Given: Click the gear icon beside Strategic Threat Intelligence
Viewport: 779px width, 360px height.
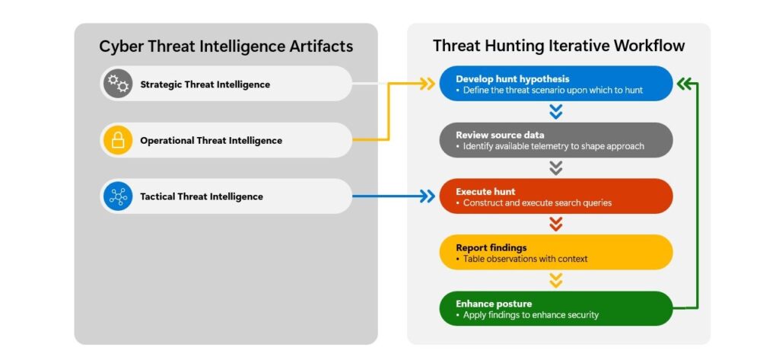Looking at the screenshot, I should (117, 84).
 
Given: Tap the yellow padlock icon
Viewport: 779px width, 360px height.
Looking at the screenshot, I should (117, 140).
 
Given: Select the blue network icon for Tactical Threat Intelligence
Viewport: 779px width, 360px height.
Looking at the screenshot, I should (117, 196).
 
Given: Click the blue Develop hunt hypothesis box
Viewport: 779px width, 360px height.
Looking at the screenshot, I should (556, 84).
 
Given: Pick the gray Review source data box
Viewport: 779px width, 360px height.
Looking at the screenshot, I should (556, 140).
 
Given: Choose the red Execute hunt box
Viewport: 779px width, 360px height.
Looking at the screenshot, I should (556, 196).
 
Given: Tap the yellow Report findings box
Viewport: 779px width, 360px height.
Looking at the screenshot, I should (556, 253).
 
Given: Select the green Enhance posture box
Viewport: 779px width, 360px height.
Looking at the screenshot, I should (556, 308).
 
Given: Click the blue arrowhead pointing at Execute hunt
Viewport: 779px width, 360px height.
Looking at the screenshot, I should (428, 196).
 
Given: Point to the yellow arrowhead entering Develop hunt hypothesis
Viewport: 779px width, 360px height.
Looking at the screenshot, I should (428, 84).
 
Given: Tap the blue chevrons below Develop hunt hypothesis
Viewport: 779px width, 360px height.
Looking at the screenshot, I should (556, 112).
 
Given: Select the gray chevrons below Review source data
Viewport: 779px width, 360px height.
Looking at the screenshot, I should (556, 168).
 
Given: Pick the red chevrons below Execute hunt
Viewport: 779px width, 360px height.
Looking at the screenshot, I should (556, 225).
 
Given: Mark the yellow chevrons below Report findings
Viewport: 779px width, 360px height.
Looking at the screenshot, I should (556, 281).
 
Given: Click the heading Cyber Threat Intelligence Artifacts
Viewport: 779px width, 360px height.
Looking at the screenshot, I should (226, 46).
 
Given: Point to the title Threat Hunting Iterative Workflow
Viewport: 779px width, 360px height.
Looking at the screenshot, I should (558, 46).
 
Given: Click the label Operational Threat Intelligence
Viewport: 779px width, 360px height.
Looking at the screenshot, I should (211, 141).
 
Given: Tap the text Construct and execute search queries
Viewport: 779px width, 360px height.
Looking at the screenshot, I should (537, 203).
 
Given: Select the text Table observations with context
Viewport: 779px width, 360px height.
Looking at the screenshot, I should (525, 260).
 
